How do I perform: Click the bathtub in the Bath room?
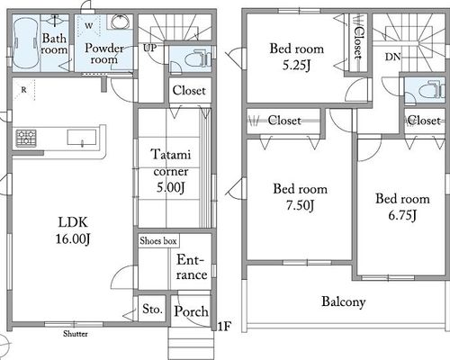(x=26, y=43)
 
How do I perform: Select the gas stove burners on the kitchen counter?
(x=26, y=138)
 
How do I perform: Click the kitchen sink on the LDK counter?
(x=82, y=138)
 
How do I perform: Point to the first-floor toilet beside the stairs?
(x=196, y=59)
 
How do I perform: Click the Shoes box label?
(x=158, y=241)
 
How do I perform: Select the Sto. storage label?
(x=153, y=309)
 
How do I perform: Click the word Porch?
(x=191, y=311)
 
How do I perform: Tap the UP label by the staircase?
(x=149, y=48)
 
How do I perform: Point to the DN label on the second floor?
(x=392, y=57)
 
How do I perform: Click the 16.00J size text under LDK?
(x=73, y=238)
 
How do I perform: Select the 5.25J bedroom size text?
(x=296, y=65)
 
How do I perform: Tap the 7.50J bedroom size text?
(x=300, y=205)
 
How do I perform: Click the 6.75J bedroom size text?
(x=402, y=215)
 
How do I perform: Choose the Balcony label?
(x=344, y=301)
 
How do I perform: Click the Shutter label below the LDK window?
(x=76, y=334)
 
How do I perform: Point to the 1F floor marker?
(x=223, y=327)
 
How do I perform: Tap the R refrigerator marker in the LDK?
(x=23, y=90)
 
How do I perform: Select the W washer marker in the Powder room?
(x=88, y=26)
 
